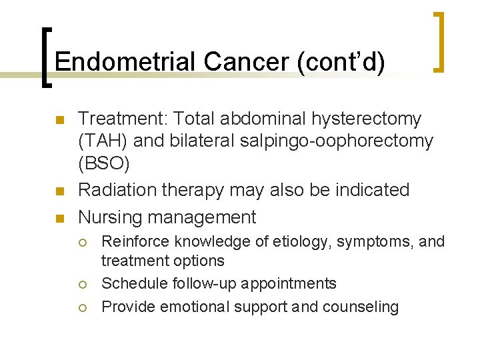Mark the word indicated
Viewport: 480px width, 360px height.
pyautogui.click(x=374, y=190)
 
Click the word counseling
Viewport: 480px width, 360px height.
pyautogui.click(x=365, y=307)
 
